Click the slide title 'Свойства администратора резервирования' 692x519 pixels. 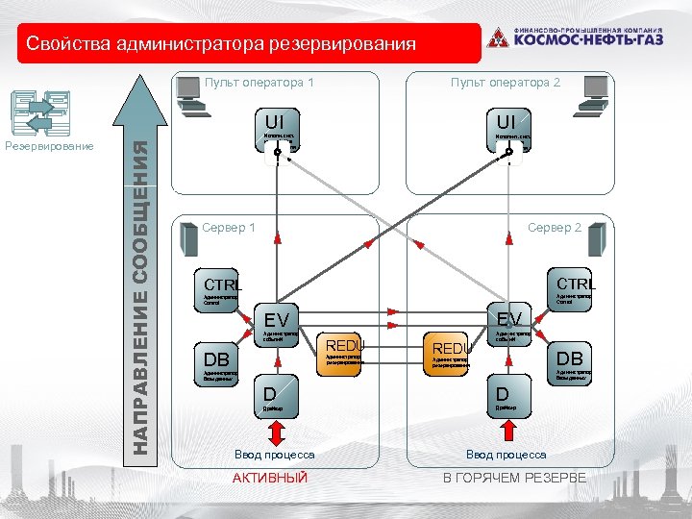tap(222, 43)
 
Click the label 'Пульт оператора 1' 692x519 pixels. tap(259, 83)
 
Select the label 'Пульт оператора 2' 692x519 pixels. tap(505, 83)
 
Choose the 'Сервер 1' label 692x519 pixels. tap(229, 228)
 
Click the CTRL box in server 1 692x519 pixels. tap(218, 284)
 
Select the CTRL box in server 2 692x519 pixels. tap(576, 284)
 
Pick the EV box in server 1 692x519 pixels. tap(277, 318)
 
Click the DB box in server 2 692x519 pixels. tap(570, 358)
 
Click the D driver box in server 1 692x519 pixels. tap(271, 394)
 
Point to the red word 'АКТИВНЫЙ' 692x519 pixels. tap(271, 478)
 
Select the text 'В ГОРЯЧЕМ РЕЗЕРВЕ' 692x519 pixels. tap(513, 478)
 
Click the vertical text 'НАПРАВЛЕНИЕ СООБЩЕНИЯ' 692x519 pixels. tap(140, 297)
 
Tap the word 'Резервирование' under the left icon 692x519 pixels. tap(49, 146)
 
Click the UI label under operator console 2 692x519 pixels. tap(507, 121)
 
